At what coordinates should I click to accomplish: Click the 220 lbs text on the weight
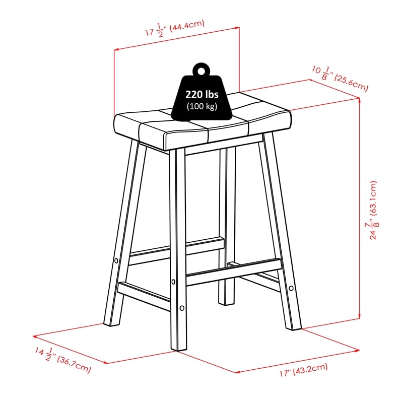[x=202, y=95]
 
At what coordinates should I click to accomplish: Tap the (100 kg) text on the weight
[x=202, y=106]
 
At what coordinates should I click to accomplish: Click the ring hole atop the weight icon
[x=202, y=71]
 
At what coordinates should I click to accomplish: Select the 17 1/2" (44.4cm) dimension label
[x=175, y=28]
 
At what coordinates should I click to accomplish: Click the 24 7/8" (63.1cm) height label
[x=373, y=210]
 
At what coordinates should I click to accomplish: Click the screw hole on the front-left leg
[x=116, y=261]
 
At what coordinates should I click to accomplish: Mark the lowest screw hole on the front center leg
[x=182, y=308]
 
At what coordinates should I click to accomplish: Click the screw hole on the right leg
[x=291, y=288]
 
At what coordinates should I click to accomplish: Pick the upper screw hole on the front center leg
[x=173, y=282]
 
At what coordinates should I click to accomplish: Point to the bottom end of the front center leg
[x=179, y=349]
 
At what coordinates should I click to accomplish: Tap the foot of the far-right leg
[x=294, y=328]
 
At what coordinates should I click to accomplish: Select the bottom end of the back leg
[x=226, y=304]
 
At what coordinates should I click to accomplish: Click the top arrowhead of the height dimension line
[x=359, y=100]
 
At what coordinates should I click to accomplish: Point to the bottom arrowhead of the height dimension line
[x=359, y=316]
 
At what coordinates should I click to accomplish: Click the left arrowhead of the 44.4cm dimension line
[x=116, y=49]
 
